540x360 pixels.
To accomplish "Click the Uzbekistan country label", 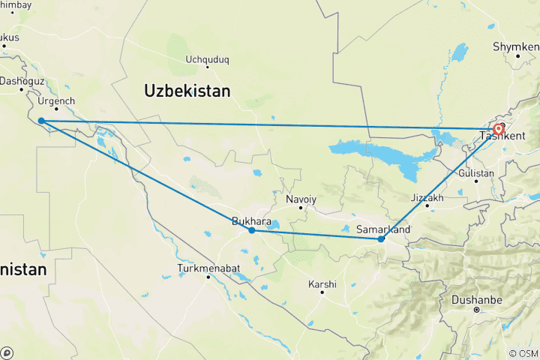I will pyautogui.click(x=187, y=91).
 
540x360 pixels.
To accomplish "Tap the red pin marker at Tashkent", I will pyautogui.click(x=499, y=129).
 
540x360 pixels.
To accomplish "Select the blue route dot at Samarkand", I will pyautogui.click(x=382, y=239).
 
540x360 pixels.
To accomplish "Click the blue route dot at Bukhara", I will pyautogui.click(x=252, y=230).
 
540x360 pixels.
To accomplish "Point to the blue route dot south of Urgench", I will pyautogui.click(x=40, y=121).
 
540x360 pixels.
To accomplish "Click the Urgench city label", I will pyautogui.click(x=57, y=100).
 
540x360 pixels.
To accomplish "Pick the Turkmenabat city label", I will pyautogui.click(x=208, y=268).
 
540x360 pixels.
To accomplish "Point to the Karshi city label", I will pyautogui.click(x=322, y=284).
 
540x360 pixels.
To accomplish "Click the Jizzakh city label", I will pyautogui.click(x=427, y=197).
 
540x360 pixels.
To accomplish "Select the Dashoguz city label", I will pyautogui.click(x=22, y=80).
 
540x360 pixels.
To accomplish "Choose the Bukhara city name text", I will pyautogui.click(x=252, y=220).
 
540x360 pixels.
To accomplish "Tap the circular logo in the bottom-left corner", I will pyautogui.click(x=6, y=352).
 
